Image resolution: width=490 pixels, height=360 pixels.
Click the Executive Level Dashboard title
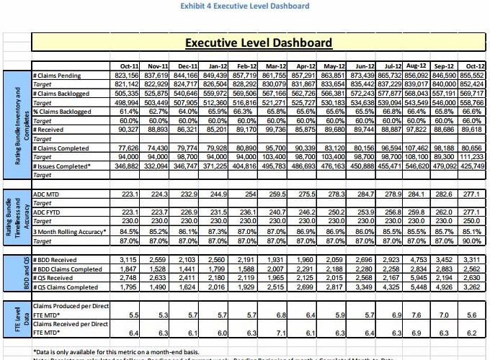click(259, 42)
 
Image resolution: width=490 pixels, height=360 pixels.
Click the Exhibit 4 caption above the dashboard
click(245, 6)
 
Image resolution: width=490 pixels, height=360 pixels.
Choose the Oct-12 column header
click(472, 66)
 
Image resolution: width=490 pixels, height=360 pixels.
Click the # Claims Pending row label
click(57, 75)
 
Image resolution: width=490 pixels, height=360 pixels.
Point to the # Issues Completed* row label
click(61, 165)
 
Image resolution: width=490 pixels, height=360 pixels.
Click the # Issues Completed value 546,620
click(416, 165)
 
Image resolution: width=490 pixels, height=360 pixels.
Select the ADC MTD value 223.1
click(130, 194)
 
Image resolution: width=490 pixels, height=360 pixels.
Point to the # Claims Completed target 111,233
click(472, 156)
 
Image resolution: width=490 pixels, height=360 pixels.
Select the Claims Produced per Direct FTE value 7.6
click(416, 315)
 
